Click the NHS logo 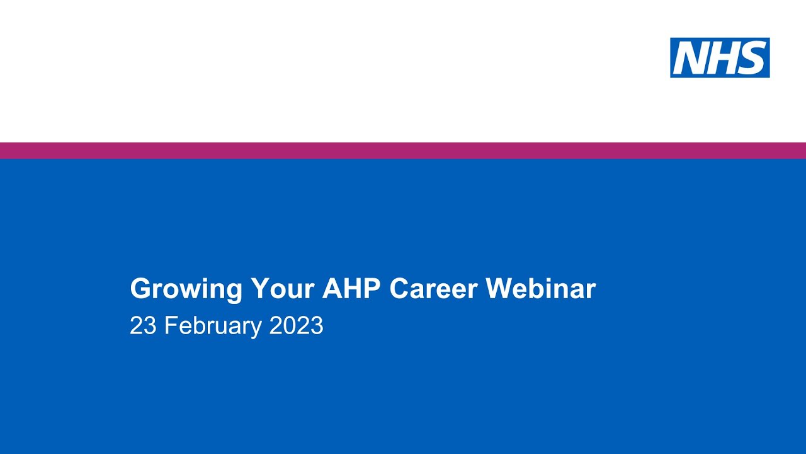720,57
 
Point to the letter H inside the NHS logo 721,58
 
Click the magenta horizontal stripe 403,151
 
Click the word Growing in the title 186,289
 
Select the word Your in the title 282,289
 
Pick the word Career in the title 433,289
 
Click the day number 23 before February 143,326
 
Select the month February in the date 213,326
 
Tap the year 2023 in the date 296,326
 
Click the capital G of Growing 139,289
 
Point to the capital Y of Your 259,289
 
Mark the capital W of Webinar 498,289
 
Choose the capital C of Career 399,289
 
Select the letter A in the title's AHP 331,289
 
